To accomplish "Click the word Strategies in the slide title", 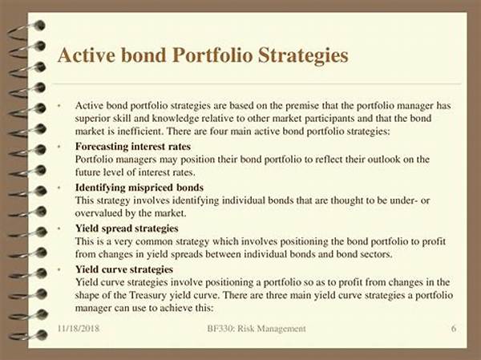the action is (x=303, y=55).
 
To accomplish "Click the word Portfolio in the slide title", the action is (x=212, y=55).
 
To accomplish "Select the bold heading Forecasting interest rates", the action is (x=133, y=147).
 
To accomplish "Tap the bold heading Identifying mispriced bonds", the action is (x=139, y=188).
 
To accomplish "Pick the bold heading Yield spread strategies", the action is (x=127, y=229).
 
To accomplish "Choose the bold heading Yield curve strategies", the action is (x=124, y=269).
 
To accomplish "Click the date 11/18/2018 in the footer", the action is (x=79, y=329).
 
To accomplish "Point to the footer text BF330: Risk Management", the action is (x=257, y=329).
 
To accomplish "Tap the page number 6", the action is (x=454, y=329).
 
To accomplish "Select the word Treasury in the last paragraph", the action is (x=148, y=295).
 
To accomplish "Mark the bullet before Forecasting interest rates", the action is (x=59, y=147).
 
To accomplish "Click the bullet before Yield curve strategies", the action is (x=59, y=269).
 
